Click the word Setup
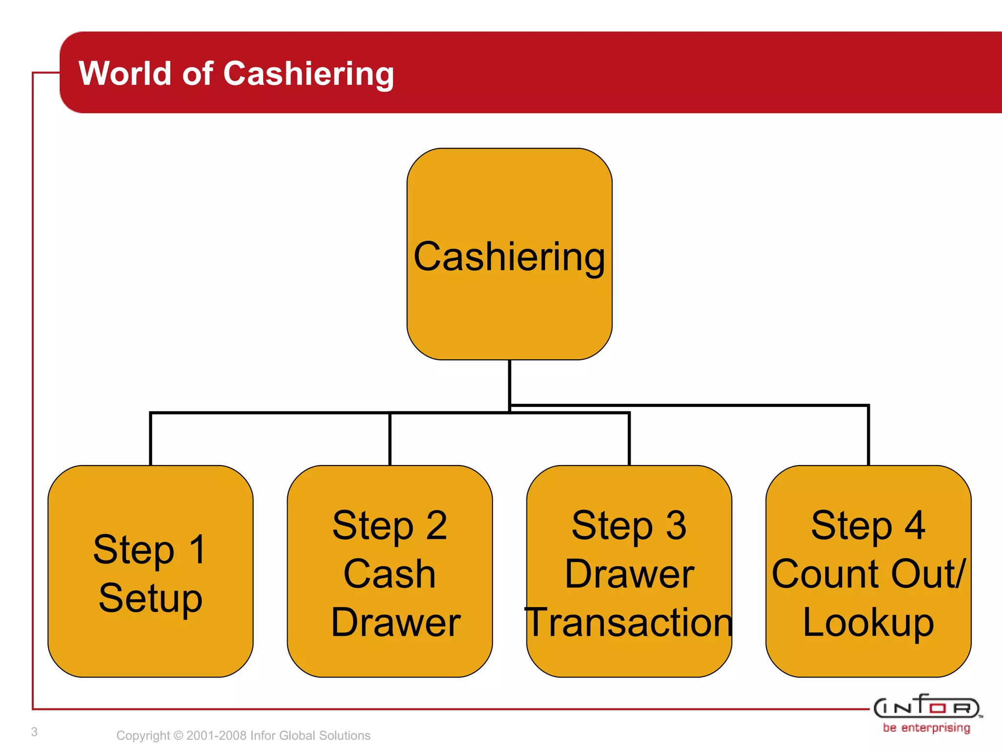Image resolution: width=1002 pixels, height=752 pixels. (150, 598)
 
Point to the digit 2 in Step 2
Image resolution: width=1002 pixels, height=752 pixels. (436, 525)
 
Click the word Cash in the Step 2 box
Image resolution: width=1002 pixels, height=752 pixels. (389, 574)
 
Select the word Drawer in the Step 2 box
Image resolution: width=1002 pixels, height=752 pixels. (395, 622)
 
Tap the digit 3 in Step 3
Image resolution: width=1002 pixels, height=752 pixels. (676, 525)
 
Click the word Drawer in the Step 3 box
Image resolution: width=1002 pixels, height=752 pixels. (629, 574)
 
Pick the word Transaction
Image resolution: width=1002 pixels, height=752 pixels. (629, 622)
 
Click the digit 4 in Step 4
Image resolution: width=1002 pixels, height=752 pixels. (915, 525)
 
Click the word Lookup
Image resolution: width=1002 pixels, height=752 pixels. (868, 622)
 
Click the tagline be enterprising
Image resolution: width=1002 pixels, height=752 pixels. (926, 728)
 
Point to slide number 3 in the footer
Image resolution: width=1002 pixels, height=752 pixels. (34, 732)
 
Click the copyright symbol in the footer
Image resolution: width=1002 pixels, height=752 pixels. (178, 735)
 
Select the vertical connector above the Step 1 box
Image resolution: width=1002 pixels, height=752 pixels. (151, 439)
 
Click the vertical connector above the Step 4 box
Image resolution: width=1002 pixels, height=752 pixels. (868, 436)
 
